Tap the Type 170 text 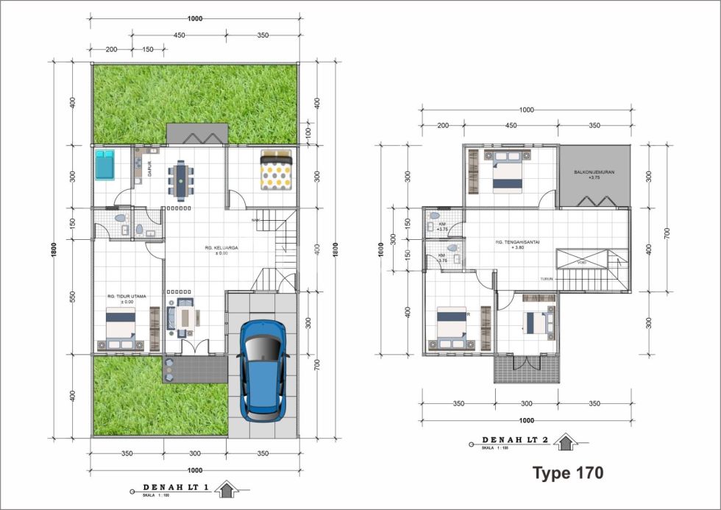[567, 472]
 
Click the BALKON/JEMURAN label [594, 174]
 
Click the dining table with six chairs [181, 179]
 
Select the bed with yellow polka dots [277, 170]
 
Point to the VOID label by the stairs [581, 263]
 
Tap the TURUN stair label [547, 280]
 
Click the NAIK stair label [256, 219]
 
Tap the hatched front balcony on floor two [527, 368]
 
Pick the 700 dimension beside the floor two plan [667, 233]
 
